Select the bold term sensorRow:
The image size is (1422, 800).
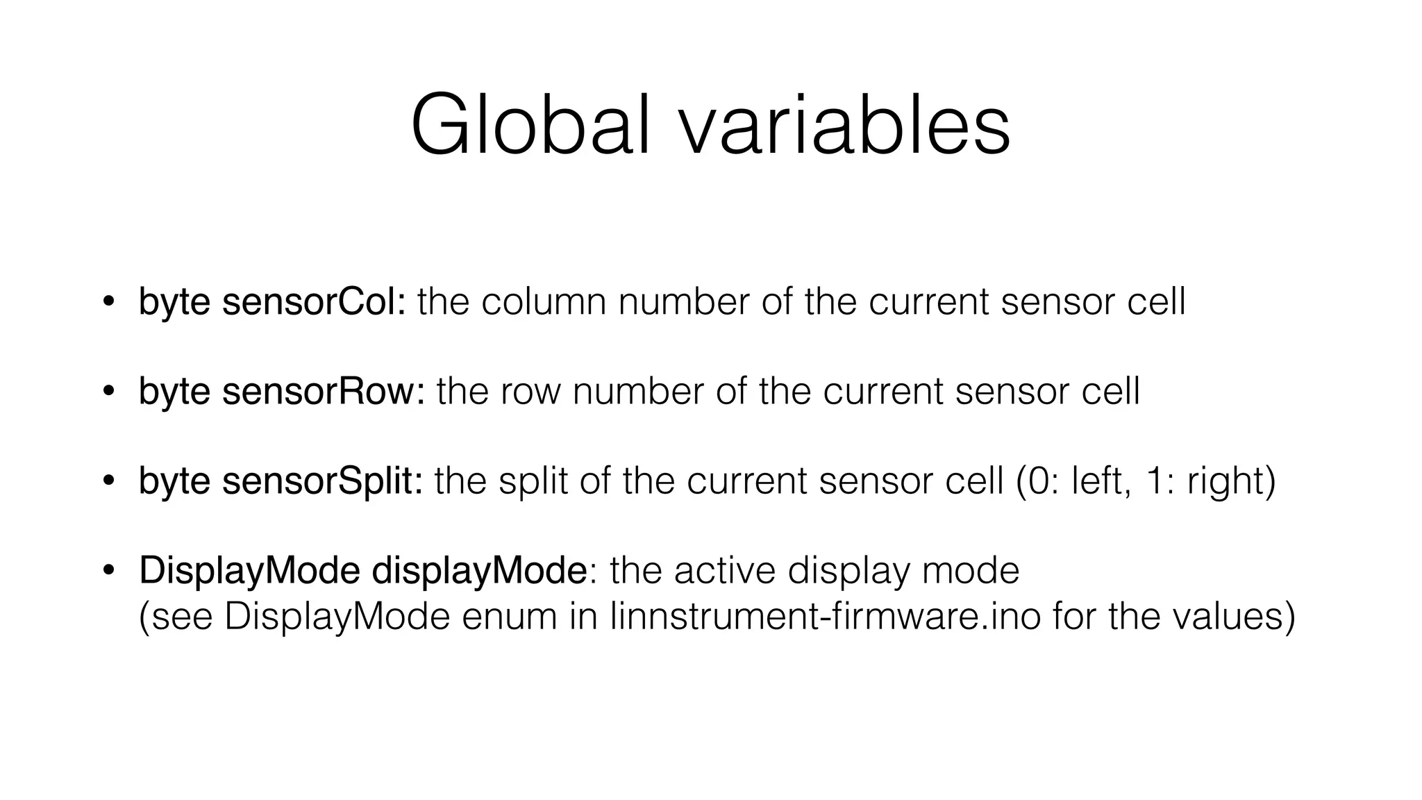click(x=323, y=391)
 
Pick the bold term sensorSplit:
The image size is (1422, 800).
click(x=322, y=481)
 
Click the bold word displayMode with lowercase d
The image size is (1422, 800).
click(x=480, y=570)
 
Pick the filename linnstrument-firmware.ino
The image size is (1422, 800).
click(x=826, y=616)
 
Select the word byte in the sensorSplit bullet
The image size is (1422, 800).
click(x=174, y=481)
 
